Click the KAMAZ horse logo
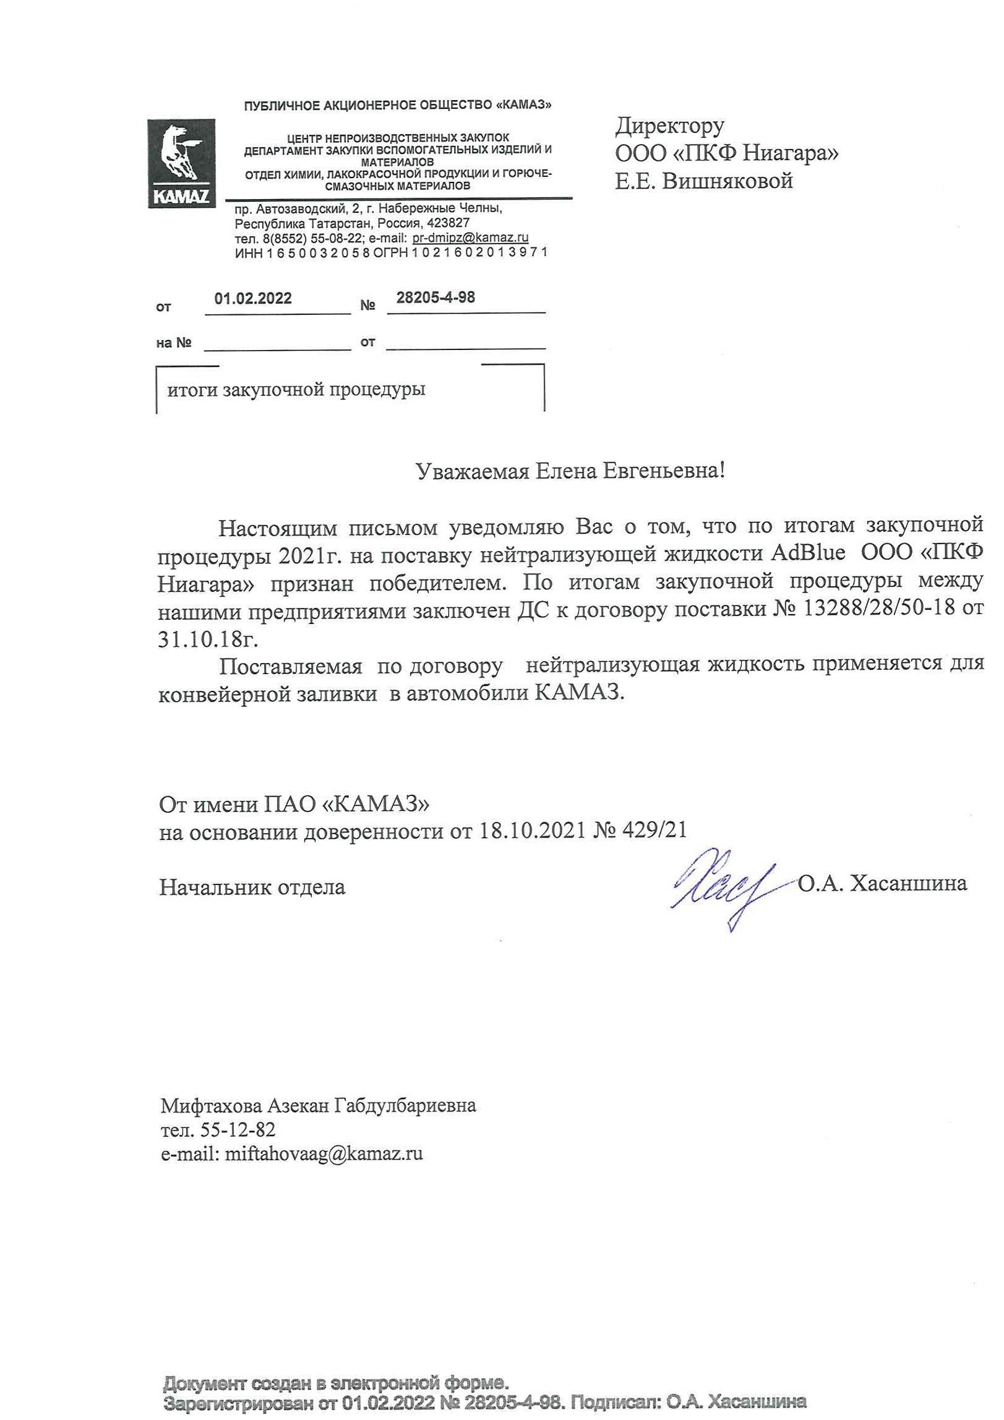pos(181,163)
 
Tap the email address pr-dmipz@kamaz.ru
pos(470,237)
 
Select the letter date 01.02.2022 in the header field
pos(253,298)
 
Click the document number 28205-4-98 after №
pos(435,297)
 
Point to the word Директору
pos(669,126)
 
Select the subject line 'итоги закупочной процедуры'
pos(296,390)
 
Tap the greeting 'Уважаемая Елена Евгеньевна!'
pos(570,471)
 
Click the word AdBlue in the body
pos(807,552)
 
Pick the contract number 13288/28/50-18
pos(878,609)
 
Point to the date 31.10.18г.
pos(208,638)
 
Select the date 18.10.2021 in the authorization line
pos(533,830)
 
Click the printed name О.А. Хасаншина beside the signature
pos(882,883)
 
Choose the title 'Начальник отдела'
pos(252,887)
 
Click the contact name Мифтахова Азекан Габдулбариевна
pos(318,1105)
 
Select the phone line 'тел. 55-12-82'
pos(218,1129)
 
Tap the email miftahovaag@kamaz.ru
pos(324,1153)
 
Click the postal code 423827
pos(448,223)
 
